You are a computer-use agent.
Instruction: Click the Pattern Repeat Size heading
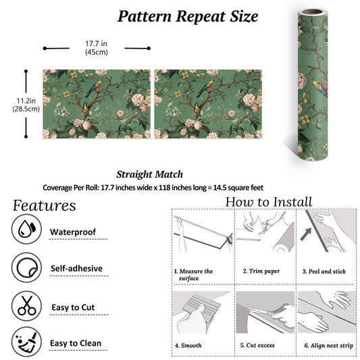[188, 17]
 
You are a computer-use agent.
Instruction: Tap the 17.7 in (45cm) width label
[96, 48]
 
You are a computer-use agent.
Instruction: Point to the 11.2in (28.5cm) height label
[26, 105]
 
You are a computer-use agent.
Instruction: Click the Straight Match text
[150, 174]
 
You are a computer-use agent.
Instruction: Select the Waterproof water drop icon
[26, 229]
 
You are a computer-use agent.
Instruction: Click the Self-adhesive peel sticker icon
[26, 267]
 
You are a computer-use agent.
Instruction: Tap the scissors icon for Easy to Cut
[26, 306]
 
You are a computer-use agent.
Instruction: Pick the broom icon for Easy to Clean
[26, 342]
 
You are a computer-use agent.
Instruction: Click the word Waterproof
[73, 232]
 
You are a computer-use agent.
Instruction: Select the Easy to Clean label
[76, 343]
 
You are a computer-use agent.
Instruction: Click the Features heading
[44, 205]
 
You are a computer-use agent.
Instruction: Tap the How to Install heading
[269, 202]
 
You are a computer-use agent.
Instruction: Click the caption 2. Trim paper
[261, 271]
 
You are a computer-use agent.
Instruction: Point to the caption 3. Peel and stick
[324, 272]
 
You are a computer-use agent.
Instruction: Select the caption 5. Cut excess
[257, 345]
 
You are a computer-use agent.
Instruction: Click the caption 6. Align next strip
[328, 346]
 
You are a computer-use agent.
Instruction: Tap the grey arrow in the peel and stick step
[306, 234]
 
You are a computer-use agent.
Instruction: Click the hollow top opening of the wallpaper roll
[311, 11]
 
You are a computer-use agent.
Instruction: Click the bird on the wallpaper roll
[319, 88]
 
